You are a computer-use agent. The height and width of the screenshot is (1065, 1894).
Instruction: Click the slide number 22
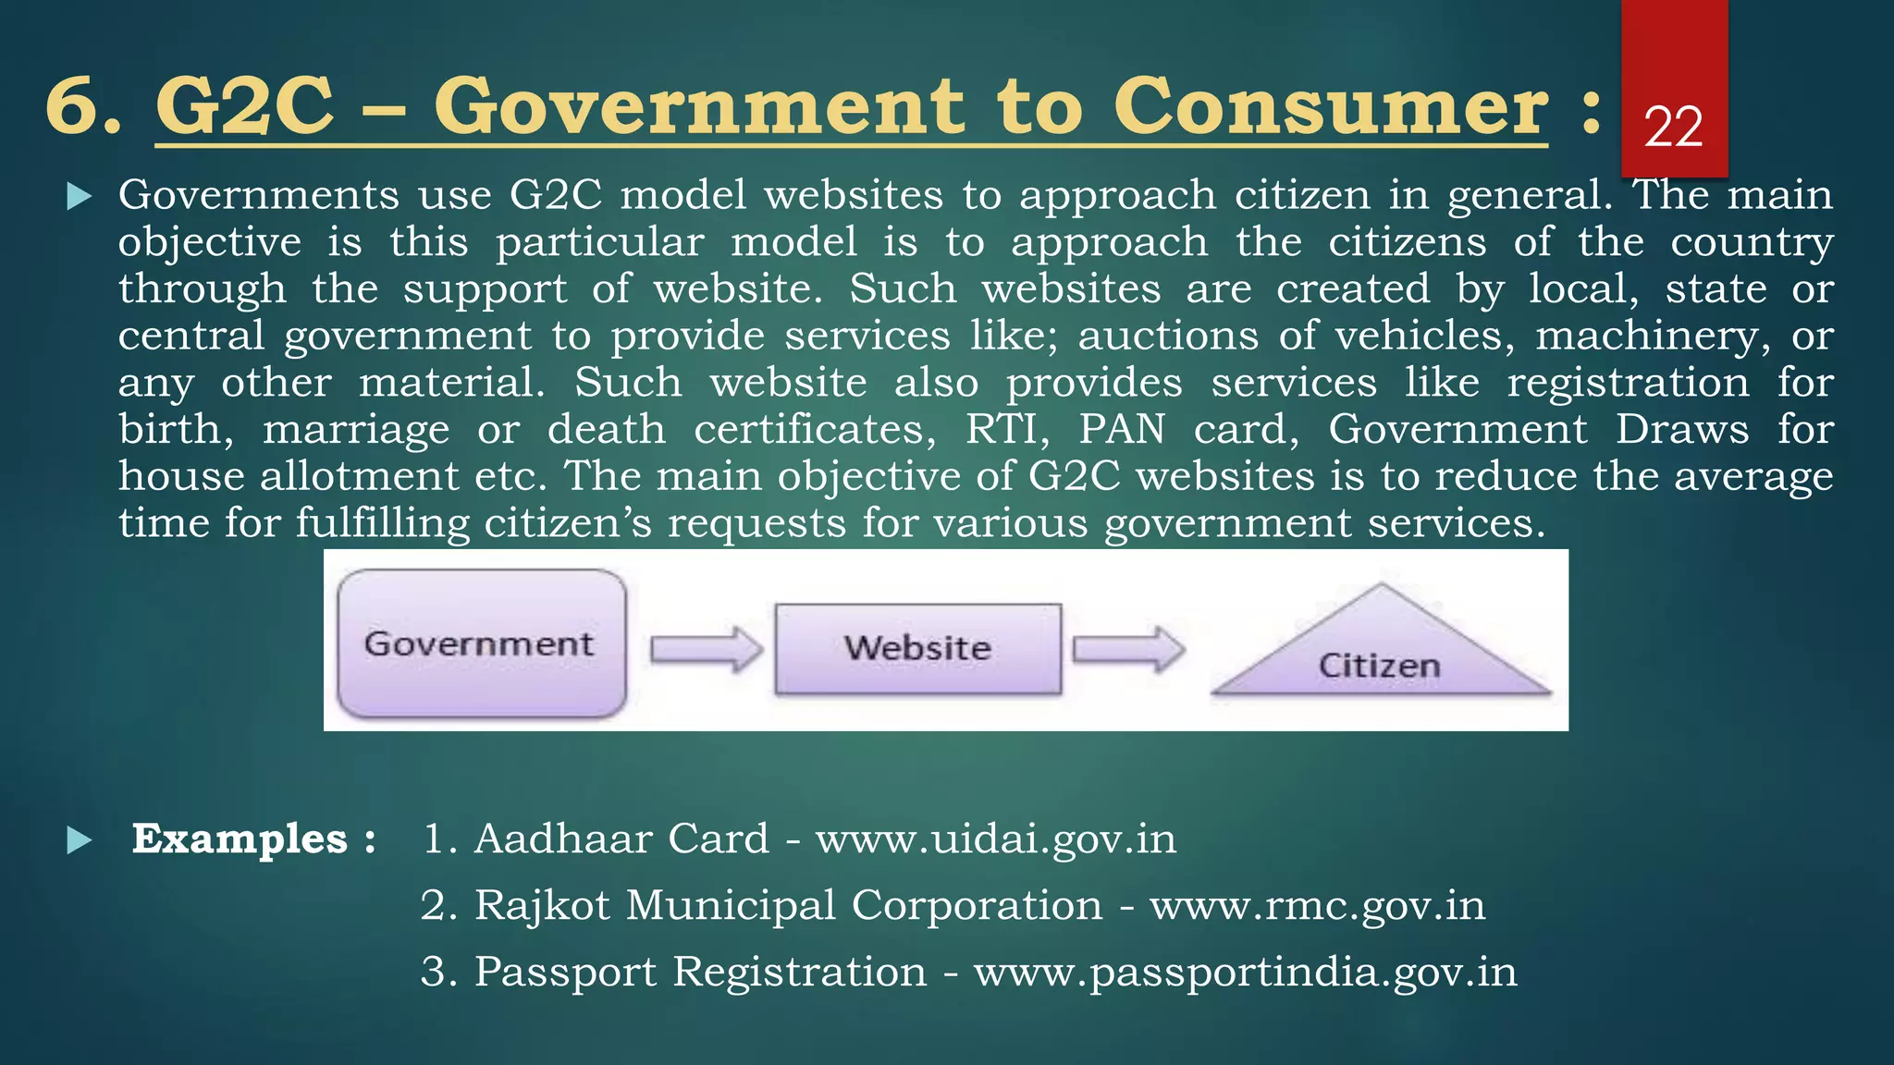coord(1673,127)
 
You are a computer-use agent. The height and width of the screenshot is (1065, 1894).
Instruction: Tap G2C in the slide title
coord(244,106)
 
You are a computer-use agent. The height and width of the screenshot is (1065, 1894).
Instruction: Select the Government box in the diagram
coord(481,643)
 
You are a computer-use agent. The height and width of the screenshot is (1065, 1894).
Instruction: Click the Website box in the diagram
coord(917,648)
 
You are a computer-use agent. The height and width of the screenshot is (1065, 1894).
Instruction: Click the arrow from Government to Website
coord(706,649)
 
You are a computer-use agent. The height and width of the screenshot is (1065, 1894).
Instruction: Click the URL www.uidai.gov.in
coord(996,839)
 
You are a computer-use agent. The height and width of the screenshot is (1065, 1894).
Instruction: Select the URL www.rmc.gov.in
coord(1317,906)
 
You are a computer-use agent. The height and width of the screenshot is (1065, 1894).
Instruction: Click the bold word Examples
coord(240,839)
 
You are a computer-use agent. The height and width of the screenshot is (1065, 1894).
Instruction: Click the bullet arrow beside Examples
coord(80,840)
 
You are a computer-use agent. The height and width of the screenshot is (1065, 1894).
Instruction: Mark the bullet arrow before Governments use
coord(80,196)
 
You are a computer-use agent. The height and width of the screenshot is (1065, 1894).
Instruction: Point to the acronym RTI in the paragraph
coord(1007,430)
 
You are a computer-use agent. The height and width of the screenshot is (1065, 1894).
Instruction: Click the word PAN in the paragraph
coord(1123,430)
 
